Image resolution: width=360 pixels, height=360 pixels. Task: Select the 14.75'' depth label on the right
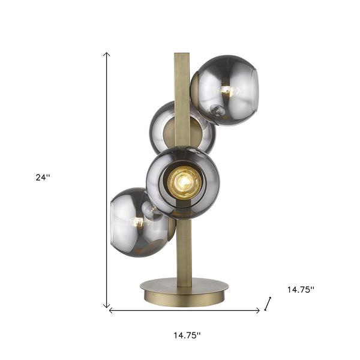point(300,289)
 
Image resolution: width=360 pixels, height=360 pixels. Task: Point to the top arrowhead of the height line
point(107,55)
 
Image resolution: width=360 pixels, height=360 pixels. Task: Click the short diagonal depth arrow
point(268,304)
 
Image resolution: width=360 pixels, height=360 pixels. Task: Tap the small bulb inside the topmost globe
point(227,91)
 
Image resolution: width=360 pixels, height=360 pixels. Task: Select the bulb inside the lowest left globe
point(137,221)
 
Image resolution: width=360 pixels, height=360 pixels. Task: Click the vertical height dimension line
point(107,180)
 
